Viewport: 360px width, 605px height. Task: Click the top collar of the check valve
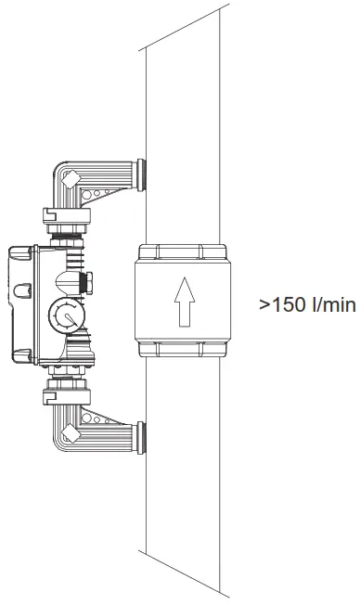tap(182, 251)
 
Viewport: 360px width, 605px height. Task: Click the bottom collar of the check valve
tap(182, 349)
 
